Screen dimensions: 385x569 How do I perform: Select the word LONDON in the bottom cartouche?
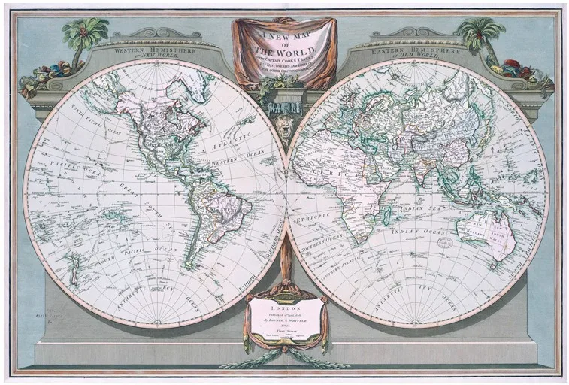(x=284, y=308)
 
